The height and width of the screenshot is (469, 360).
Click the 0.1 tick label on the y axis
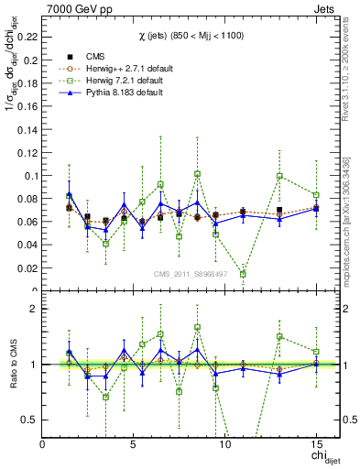click(29, 175)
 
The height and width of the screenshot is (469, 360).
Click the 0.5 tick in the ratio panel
click(28, 420)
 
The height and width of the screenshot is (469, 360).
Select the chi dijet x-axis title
click(319, 458)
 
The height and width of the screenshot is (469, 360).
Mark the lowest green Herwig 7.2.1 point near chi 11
click(243, 274)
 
